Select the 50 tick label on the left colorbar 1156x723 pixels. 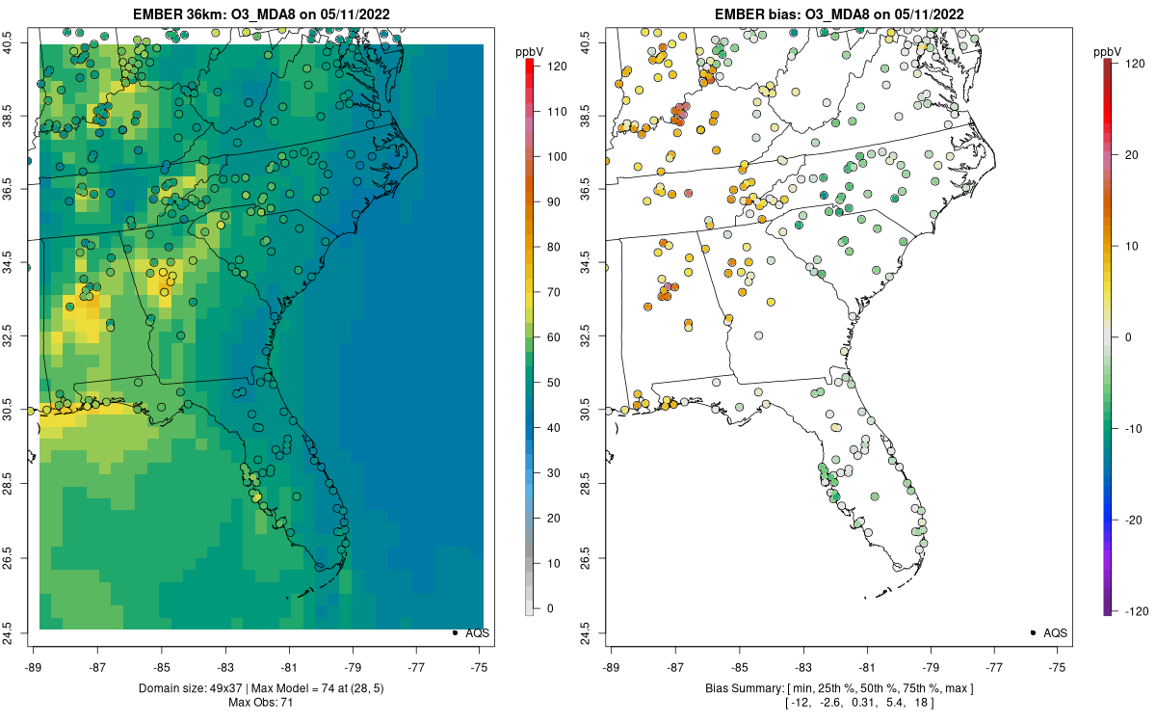pyautogui.click(x=554, y=383)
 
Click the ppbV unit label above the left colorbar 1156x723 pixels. pyautogui.click(x=529, y=50)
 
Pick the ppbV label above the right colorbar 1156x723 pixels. pyautogui.click(x=1108, y=50)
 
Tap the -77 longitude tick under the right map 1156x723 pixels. pyautogui.click(x=994, y=666)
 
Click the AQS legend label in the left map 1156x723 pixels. pyautogui.click(x=478, y=633)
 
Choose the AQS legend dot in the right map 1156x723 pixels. pyautogui.click(x=1032, y=633)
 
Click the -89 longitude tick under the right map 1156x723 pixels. pyautogui.click(x=612, y=666)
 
